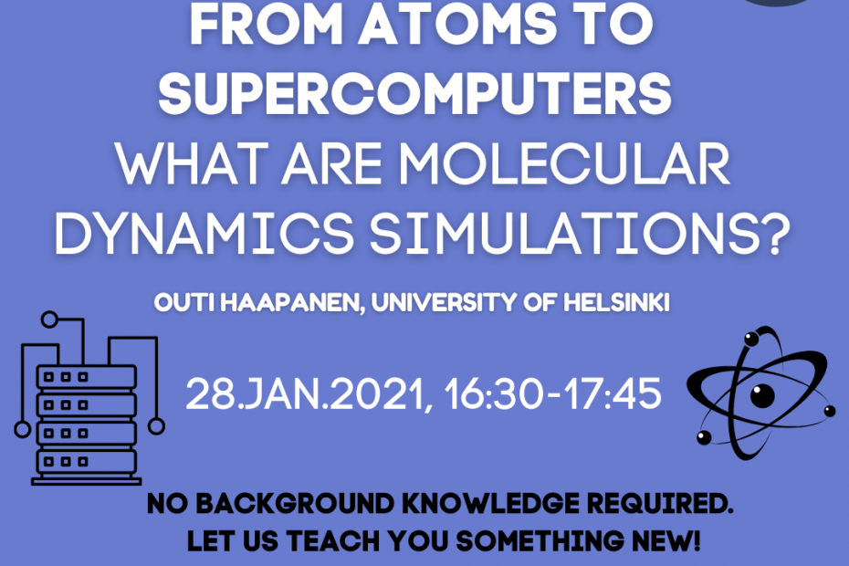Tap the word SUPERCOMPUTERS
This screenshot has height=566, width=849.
click(x=414, y=94)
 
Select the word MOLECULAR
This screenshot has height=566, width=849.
click(x=564, y=164)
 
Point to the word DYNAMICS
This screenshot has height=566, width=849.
click(x=204, y=234)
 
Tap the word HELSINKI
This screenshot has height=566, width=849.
click(x=616, y=302)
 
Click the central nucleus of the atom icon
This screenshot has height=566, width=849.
click(x=762, y=395)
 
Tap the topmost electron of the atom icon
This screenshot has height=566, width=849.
click(x=751, y=339)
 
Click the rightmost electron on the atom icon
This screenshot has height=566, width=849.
click(x=830, y=411)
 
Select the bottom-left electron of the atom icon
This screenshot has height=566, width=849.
click(x=704, y=437)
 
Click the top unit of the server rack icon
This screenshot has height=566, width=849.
click(x=86, y=377)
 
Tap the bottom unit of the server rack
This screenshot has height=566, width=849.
click(x=86, y=462)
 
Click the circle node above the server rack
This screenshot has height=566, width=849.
click(x=49, y=320)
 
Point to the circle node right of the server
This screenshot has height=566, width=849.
click(x=156, y=426)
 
